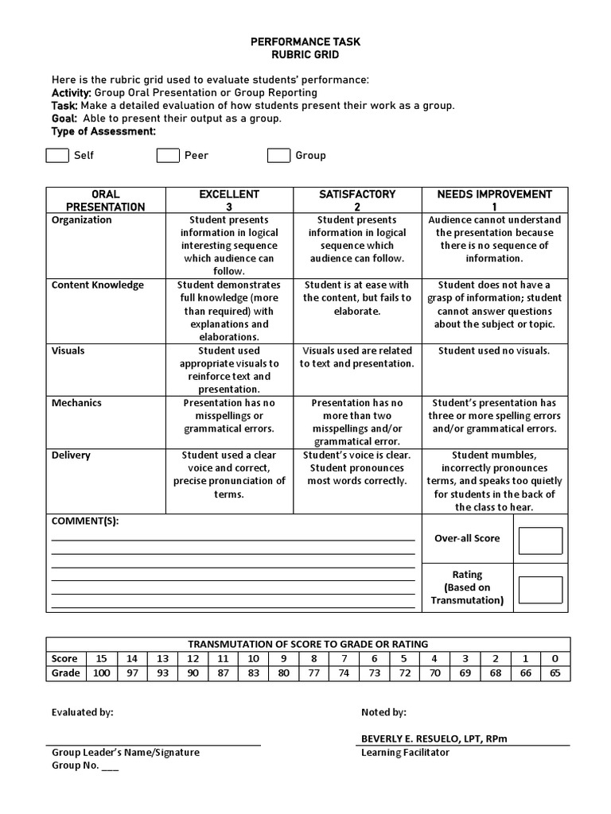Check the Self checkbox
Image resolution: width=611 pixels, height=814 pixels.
click(57, 155)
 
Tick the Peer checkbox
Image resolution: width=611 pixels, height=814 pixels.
click(167, 155)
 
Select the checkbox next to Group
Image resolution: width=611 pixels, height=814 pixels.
click(278, 155)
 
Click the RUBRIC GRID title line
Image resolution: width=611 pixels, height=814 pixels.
click(305, 54)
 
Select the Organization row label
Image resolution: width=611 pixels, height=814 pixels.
click(82, 220)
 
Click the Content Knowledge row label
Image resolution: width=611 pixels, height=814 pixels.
click(98, 285)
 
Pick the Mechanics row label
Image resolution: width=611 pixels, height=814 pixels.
click(77, 403)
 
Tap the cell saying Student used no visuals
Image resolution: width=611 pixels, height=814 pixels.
click(494, 351)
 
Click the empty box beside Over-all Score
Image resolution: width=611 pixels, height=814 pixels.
click(540, 541)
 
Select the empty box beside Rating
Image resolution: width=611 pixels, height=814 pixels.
click(540, 590)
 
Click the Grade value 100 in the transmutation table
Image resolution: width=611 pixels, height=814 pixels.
click(101, 673)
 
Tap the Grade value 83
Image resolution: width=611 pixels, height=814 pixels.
click(253, 673)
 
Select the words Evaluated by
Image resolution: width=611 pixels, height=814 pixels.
click(83, 712)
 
